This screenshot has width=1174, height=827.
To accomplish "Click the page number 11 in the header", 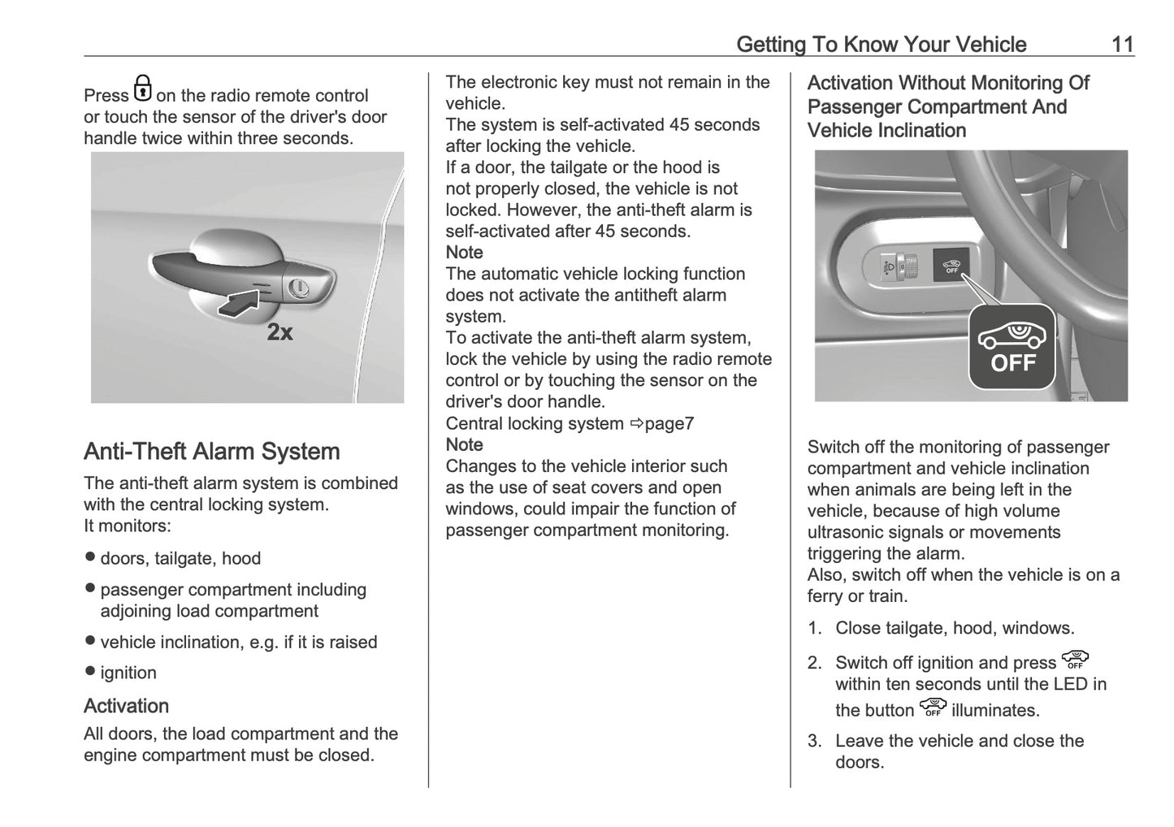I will pyautogui.click(x=1122, y=44).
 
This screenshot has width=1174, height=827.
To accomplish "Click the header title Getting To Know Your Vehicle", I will pyautogui.click(x=881, y=44).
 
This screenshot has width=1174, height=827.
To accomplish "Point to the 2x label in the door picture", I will pyautogui.click(x=280, y=332).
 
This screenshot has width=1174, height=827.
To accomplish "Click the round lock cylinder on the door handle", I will pyautogui.click(x=298, y=287).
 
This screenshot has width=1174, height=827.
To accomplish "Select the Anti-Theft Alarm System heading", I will pyautogui.click(x=211, y=452).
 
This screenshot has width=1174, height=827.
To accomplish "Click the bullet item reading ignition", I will pyautogui.click(x=128, y=673).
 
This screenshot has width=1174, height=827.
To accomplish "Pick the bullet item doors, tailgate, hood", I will pyautogui.click(x=180, y=558).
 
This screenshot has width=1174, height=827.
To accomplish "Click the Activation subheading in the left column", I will pyautogui.click(x=126, y=705).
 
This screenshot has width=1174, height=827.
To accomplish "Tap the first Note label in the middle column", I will pyautogui.click(x=464, y=253).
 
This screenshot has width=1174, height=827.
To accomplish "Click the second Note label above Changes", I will pyautogui.click(x=464, y=444).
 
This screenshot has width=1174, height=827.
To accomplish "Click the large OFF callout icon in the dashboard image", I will pyautogui.click(x=1012, y=347).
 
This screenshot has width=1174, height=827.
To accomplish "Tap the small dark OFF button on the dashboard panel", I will pyautogui.click(x=951, y=265).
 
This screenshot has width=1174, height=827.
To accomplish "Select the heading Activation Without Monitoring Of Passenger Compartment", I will pyautogui.click(x=947, y=106).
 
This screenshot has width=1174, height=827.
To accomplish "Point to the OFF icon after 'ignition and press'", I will pyautogui.click(x=1075, y=660).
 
